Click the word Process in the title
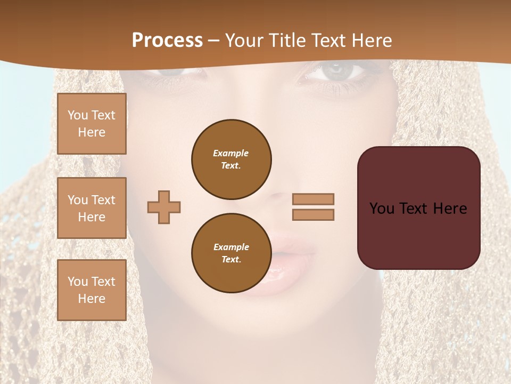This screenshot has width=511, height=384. point(167,41)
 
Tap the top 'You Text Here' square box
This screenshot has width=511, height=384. point(92,124)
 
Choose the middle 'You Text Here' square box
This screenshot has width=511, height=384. point(92,208)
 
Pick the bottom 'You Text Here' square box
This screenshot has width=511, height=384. point(92,290)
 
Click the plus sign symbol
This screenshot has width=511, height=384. point(164,207)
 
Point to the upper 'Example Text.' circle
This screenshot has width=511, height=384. point(232,159)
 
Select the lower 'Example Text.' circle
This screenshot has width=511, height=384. point(232,253)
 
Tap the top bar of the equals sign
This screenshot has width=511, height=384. point(313,199)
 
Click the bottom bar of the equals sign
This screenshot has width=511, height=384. point(313,215)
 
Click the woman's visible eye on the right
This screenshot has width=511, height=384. point(335,71)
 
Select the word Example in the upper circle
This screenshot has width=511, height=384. point(231,153)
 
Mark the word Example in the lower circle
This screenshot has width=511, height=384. point(231,247)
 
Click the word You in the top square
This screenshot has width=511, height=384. point(78,115)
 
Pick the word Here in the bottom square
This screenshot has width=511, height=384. point(92,299)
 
